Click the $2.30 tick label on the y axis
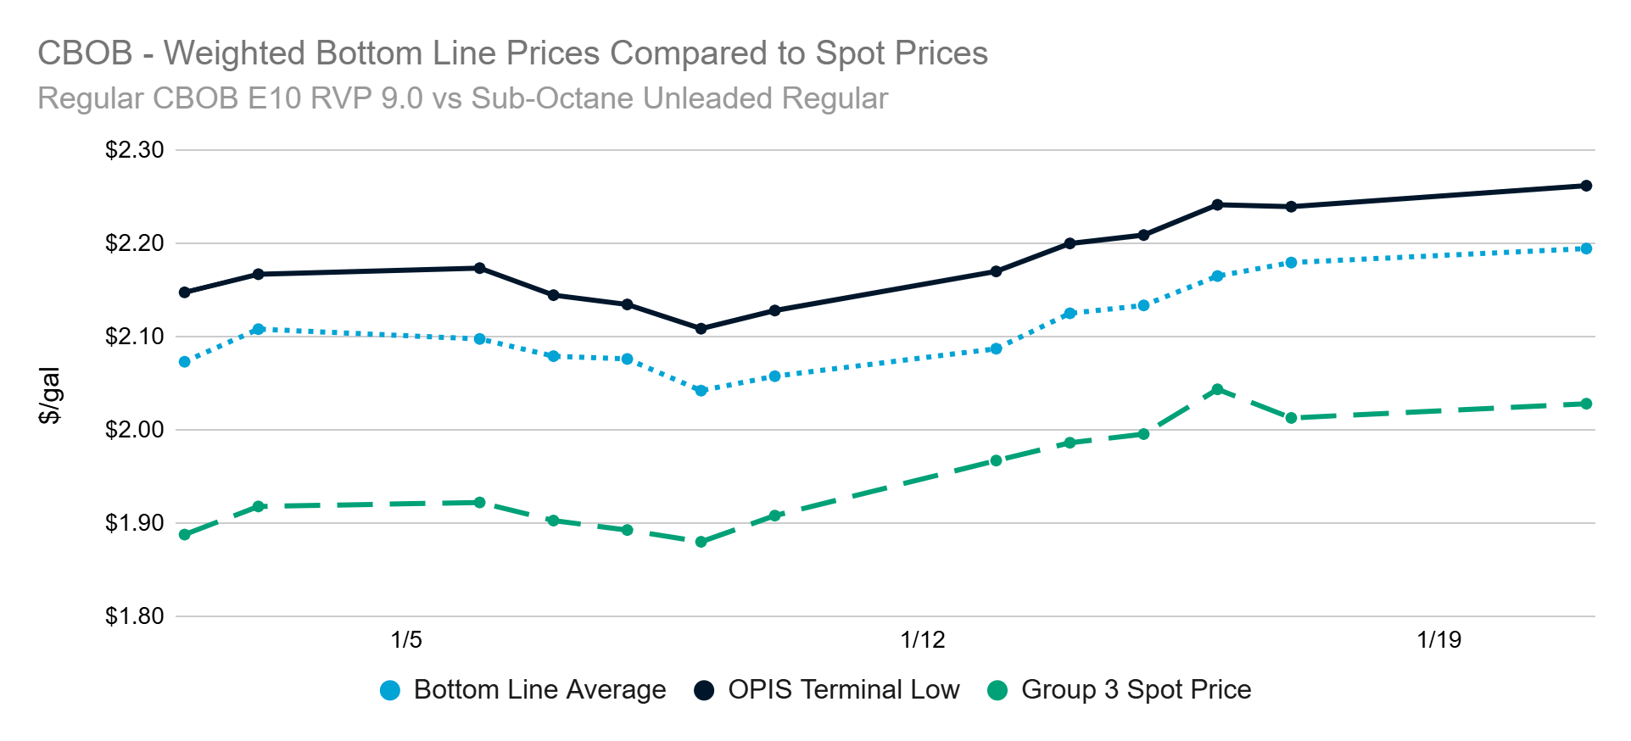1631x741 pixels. click(134, 150)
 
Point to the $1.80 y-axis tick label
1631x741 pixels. click(134, 616)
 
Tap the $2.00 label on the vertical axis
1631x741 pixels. click(134, 430)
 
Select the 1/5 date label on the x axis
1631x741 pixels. click(406, 640)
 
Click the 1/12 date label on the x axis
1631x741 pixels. click(922, 640)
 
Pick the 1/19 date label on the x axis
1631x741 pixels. click(1438, 640)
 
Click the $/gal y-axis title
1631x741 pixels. click(50, 395)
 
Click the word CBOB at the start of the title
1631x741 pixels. click(85, 53)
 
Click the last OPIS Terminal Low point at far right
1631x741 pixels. click(1586, 186)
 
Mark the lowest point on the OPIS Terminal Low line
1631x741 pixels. click(701, 329)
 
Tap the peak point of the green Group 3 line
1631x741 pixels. click(1217, 390)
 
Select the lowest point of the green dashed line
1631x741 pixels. click(701, 542)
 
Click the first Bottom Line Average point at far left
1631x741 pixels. click(185, 362)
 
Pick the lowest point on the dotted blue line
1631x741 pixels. click(701, 391)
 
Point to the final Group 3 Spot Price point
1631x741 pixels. click(1586, 404)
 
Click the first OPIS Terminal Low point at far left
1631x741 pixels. click(185, 292)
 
